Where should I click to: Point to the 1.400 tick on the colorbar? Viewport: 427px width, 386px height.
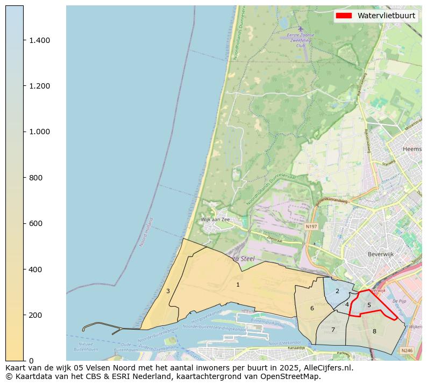click(x=39, y=40)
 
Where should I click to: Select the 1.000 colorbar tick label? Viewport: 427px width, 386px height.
click(x=39, y=132)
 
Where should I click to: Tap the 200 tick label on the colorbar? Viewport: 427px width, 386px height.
click(x=35, y=315)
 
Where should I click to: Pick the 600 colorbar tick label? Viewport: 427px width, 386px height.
click(x=35, y=223)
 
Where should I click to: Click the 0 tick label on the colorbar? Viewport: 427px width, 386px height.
click(x=31, y=361)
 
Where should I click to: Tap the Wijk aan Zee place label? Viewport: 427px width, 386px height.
click(x=215, y=220)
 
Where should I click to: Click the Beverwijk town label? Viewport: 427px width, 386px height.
click(x=381, y=254)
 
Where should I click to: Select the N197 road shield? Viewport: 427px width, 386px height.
click(x=311, y=227)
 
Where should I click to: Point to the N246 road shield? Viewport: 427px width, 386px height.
click(x=407, y=351)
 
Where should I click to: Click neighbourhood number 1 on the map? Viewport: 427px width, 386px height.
click(x=238, y=285)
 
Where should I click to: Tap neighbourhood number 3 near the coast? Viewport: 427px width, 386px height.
click(x=168, y=291)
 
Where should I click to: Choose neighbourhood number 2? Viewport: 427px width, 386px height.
click(x=337, y=291)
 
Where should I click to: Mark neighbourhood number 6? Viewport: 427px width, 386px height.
click(x=312, y=308)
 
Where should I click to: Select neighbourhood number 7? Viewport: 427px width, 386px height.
click(x=333, y=330)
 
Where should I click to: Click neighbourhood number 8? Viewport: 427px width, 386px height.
click(x=374, y=331)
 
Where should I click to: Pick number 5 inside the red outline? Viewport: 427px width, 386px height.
click(x=369, y=305)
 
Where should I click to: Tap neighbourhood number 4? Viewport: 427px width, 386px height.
click(x=347, y=304)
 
